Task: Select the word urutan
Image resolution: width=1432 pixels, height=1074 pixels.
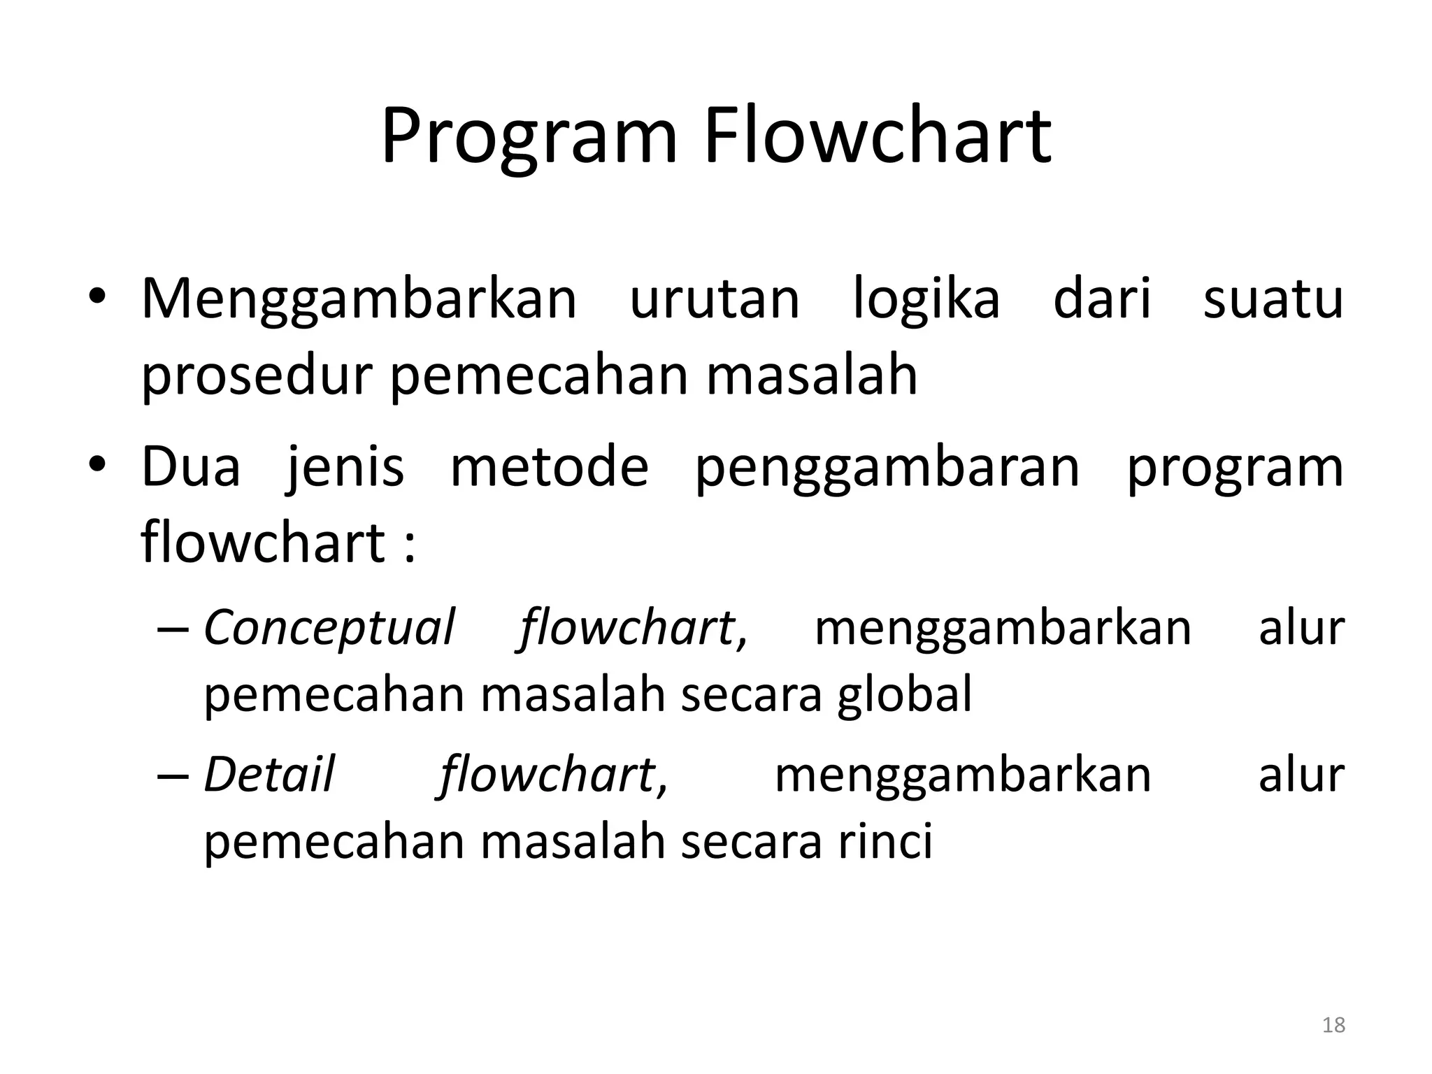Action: tap(715, 299)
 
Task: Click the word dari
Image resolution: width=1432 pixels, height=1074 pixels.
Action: tap(1102, 299)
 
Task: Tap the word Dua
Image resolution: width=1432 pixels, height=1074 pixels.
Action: tap(191, 467)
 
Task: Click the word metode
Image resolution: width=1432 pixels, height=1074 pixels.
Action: tap(550, 467)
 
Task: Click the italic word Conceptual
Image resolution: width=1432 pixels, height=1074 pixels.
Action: tap(329, 627)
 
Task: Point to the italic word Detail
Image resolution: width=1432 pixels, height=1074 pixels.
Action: tap(269, 775)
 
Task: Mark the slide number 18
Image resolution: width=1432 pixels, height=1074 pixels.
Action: tap(1333, 1025)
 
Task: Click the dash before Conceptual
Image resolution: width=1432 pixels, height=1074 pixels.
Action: tap(173, 628)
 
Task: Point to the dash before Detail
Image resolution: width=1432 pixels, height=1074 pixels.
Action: tap(173, 775)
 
